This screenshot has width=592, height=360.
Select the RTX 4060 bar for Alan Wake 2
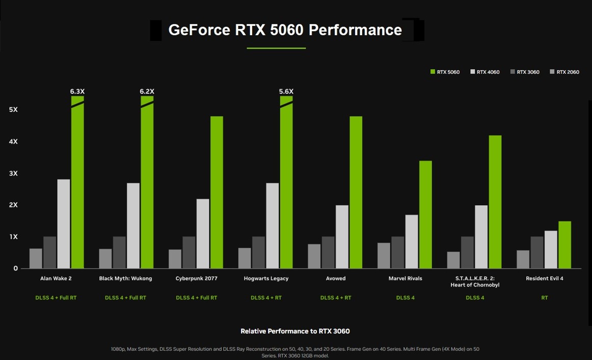point(64,224)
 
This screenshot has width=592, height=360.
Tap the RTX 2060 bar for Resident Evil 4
point(523,259)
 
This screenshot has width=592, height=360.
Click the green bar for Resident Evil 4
point(564,245)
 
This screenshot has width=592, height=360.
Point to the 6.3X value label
point(77,92)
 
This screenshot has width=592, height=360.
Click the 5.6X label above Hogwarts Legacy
point(286,92)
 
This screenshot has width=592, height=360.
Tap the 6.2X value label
point(147,92)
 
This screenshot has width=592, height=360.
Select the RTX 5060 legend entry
point(445,72)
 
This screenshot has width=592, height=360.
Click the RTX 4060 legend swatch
point(473,72)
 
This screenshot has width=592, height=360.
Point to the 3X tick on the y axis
point(13,173)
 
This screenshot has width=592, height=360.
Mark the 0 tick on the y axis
point(16,268)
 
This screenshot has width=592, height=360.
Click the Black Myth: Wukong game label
point(125,279)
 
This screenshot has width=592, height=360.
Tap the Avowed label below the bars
point(336,279)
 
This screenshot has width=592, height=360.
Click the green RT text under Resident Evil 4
point(544,298)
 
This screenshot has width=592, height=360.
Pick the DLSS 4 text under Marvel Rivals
point(405,298)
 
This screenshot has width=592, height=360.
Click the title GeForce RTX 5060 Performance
point(285,30)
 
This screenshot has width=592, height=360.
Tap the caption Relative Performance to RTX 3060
point(295,331)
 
